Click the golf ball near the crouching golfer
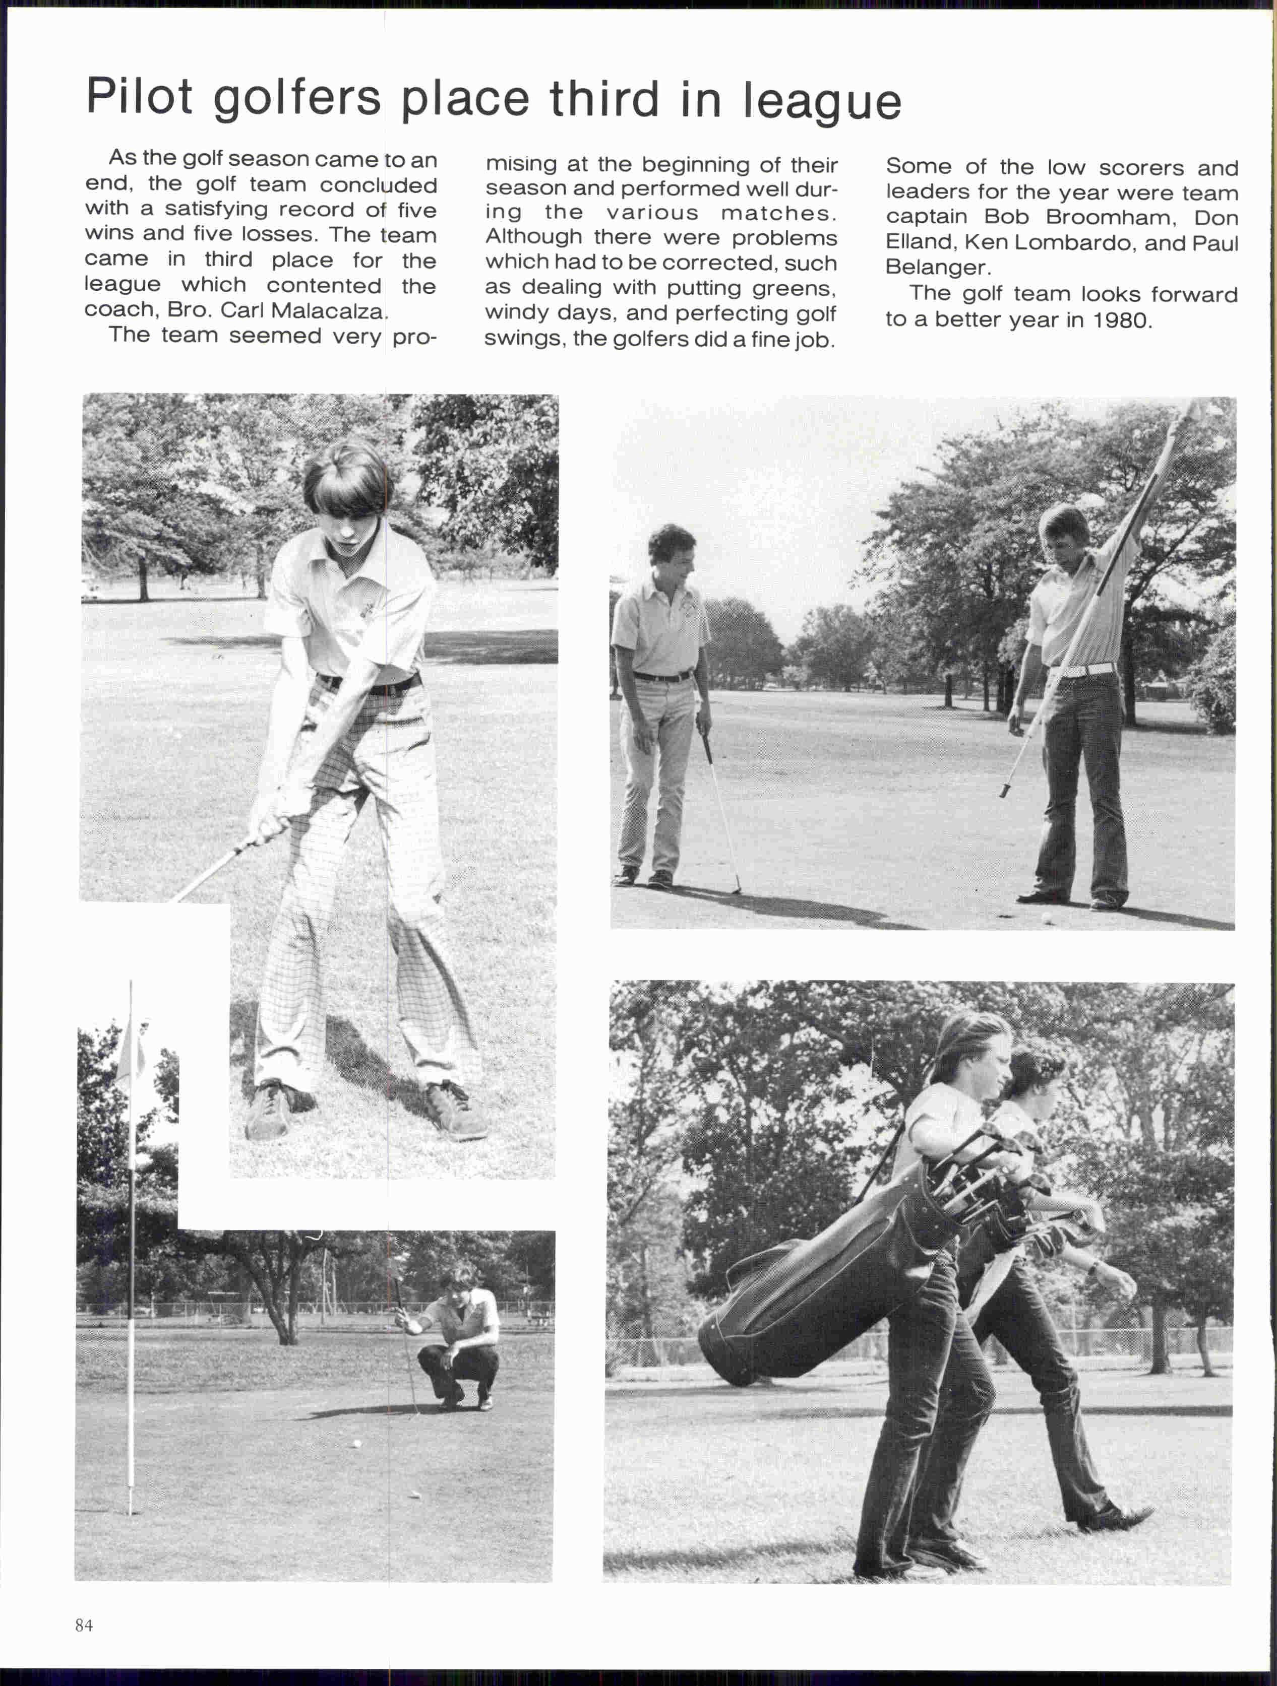tap(354, 1443)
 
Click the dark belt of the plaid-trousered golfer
tap(369, 684)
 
